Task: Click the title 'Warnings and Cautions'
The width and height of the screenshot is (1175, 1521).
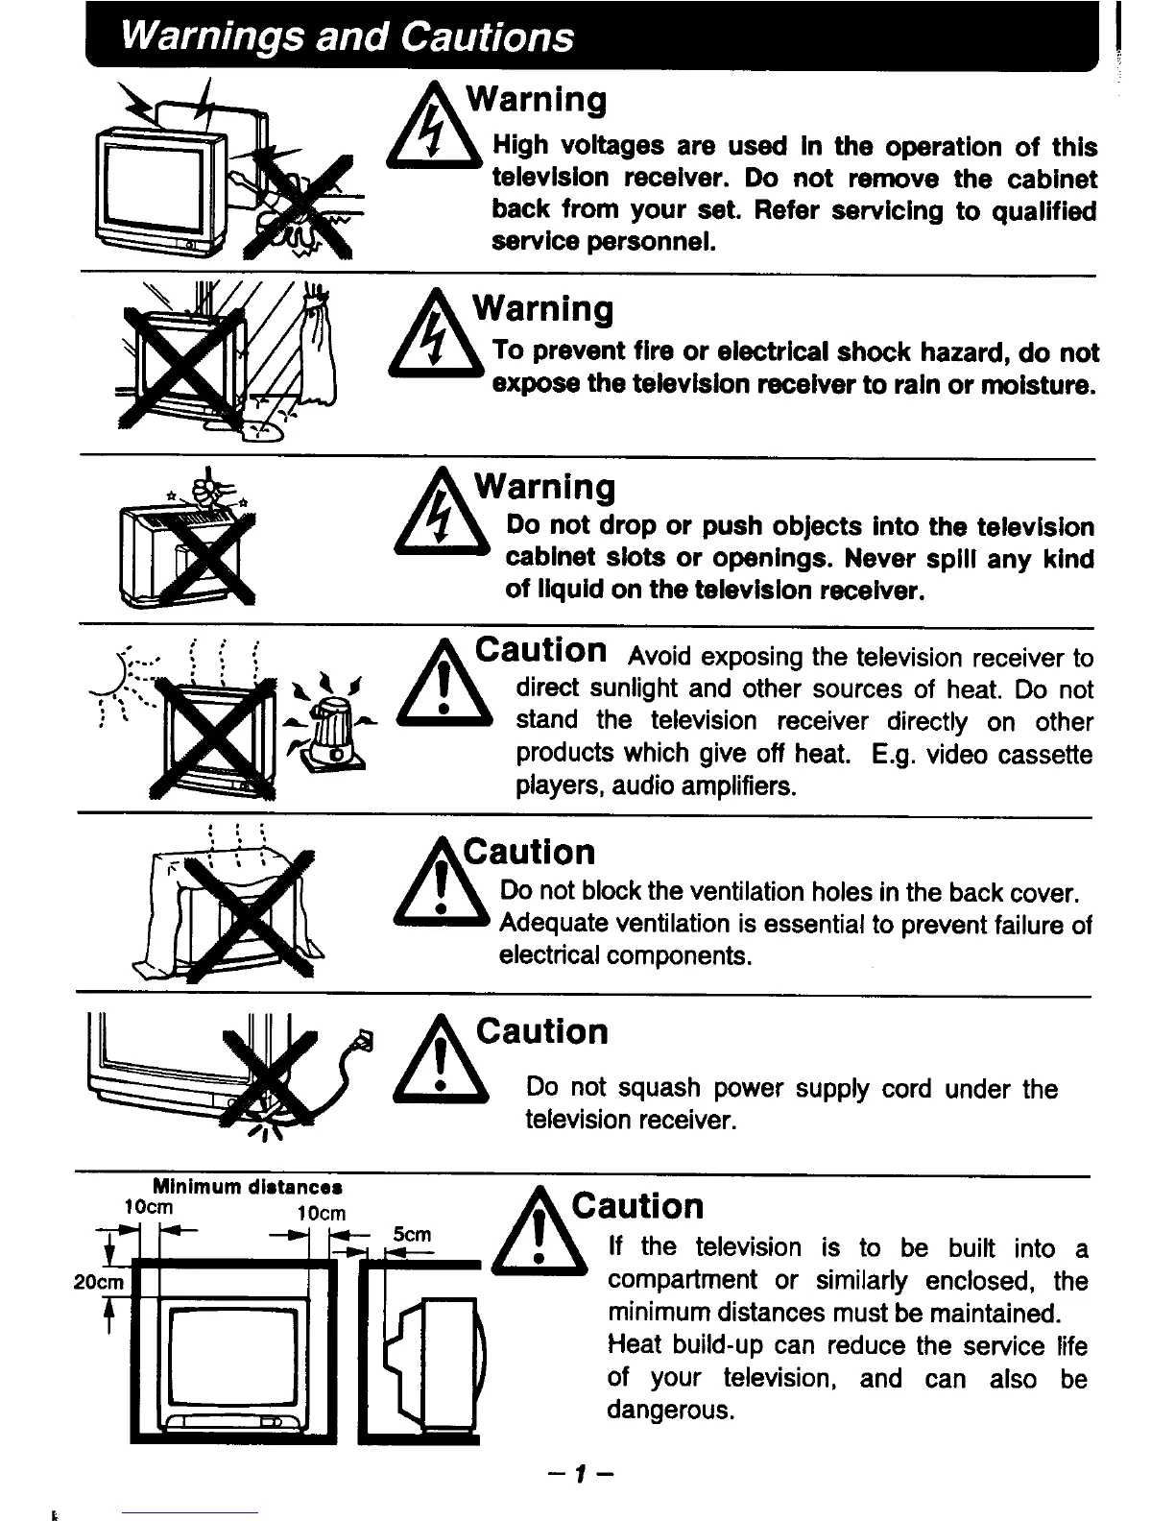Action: pos(347,37)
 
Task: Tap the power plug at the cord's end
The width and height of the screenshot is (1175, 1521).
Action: pos(366,1040)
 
